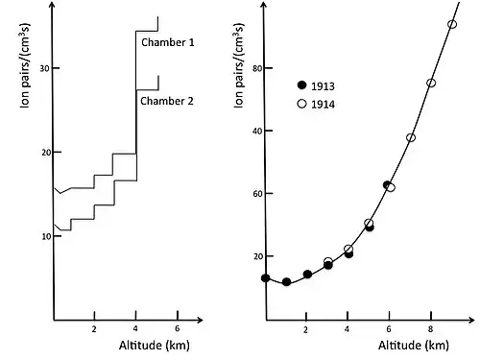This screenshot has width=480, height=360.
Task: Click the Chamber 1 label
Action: coord(168,42)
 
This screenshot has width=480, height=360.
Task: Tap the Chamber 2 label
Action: coord(167,101)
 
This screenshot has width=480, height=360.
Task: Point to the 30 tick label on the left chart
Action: coord(45,68)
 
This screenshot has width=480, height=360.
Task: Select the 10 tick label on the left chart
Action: coord(46,236)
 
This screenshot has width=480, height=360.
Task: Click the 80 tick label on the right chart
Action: coord(257,68)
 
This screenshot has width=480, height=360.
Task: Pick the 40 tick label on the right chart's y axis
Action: coord(257,131)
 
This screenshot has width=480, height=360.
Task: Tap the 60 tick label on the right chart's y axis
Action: coord(257,194)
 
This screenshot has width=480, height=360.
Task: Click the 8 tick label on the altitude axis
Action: coord(431,329)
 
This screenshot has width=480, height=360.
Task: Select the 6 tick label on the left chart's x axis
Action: coord(178,328)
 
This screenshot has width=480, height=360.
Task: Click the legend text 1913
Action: coord(323,86)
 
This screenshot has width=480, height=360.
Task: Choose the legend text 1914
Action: coord(323,105)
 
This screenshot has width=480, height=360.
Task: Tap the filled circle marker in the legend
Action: coord(301,85)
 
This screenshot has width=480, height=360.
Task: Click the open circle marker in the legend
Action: coord(301,104)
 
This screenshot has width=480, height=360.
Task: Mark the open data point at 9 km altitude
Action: coord(452,24)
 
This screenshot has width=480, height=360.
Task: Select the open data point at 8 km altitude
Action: coord(431,84)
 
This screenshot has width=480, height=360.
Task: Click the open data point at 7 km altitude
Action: coord(411,138)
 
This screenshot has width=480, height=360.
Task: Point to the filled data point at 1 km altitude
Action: coord(286,282)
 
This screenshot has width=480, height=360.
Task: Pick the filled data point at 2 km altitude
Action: coord(307,275)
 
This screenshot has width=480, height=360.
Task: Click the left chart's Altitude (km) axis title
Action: coord(155,346)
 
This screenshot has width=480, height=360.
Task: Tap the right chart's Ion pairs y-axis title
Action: coord(239,65)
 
